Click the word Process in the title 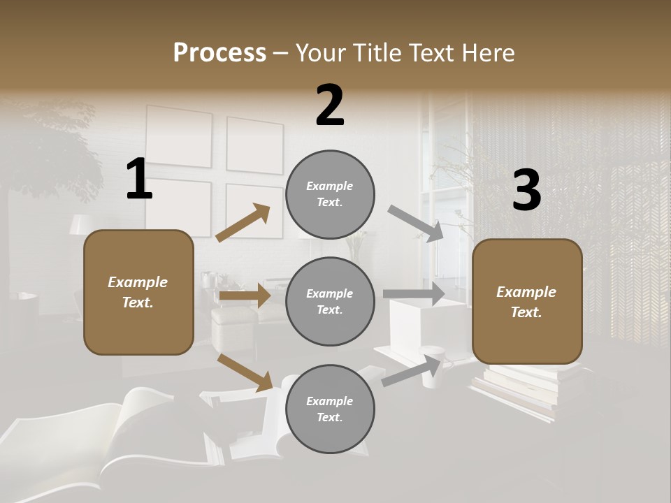(x=219, y=52)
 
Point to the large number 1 (x=139, y=180)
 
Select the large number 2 (x=330, y=105)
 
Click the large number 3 (x=526, y=190)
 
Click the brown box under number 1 (x=138, y=292)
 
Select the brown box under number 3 (x=527, y=302)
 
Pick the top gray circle (x=330, y=194)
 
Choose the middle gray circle (x=330, y=301)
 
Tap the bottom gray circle (x=330, y=409)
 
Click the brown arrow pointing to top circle (x=243, y=223)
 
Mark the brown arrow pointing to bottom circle (x=245, y=372)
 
